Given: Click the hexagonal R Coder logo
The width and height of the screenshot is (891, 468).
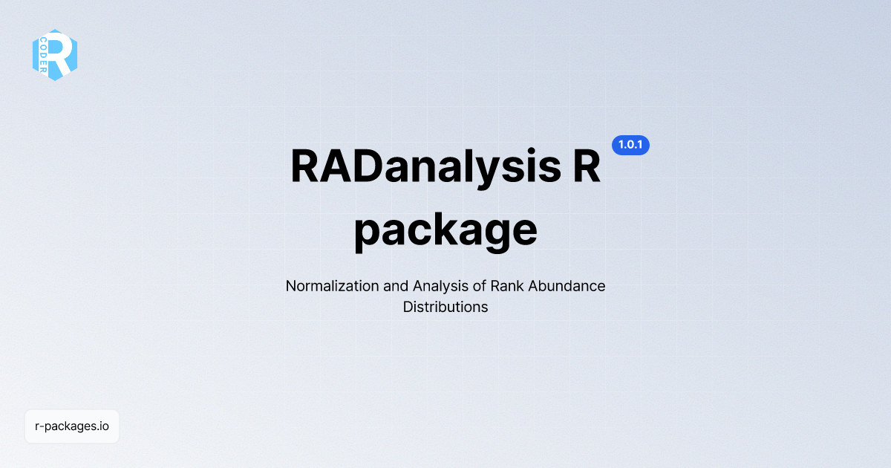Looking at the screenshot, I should tap(55, 55).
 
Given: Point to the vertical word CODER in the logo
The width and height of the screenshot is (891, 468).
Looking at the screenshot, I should tap(44, 55).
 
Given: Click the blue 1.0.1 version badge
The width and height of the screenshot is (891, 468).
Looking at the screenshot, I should tap(630, 146).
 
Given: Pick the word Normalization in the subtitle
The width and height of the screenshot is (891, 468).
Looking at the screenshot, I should tap(329, 286).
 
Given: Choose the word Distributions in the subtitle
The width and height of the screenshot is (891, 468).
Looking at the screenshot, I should tap(446, 307).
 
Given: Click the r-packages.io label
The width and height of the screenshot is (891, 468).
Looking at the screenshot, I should tap(72, 426).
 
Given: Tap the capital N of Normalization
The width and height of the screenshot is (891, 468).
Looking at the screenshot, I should tap(290, 286).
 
